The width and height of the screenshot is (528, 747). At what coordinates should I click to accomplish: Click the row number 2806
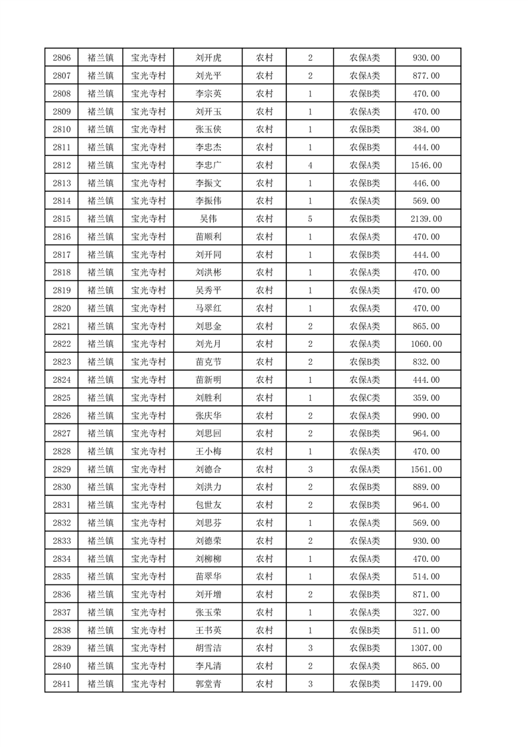point(61,58)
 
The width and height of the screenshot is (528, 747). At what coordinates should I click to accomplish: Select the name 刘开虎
point(208,58)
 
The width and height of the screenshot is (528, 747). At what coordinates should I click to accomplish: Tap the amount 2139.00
point(426,218)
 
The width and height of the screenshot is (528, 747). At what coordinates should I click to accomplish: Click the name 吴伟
point(208,218)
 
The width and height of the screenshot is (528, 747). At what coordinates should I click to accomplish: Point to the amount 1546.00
point(426,165)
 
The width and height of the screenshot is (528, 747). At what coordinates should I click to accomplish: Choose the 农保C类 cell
point(364,397)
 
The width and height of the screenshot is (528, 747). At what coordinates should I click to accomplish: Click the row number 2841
point(61,684)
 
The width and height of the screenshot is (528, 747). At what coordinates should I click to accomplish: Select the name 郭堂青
point(208,684)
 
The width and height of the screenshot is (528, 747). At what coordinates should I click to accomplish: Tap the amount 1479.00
point(426,684)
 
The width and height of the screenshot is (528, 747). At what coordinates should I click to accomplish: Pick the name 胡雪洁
point(208,648)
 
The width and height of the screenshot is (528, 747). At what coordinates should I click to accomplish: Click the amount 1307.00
point(426,648)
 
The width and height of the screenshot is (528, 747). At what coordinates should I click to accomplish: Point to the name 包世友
point(208,505)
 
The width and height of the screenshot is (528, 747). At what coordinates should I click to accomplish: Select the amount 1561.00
point(426,469)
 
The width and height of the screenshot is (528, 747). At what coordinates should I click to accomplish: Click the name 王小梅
point(208,451)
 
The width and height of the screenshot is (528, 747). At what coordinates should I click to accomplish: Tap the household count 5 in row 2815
point(310,218)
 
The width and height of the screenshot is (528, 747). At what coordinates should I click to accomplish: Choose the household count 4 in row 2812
point(310,165)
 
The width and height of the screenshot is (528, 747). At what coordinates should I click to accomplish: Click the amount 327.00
point(426,612)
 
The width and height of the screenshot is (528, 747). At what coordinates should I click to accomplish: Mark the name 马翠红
point(208,308)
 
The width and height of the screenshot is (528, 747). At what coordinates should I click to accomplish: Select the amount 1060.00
point(426,344)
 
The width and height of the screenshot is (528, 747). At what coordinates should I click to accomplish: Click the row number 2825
point(61,397)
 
